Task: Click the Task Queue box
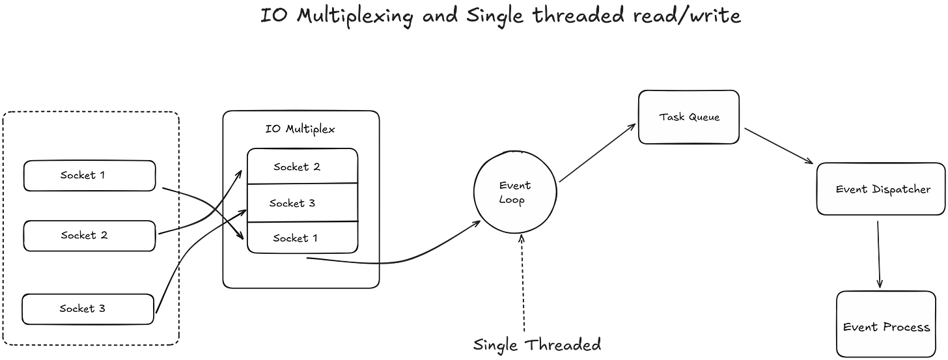[689, 117]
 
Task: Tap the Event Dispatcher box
[882, 189]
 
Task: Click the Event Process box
[886, 326]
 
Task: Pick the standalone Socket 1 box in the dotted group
[89, 176]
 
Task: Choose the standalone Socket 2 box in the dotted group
[89, 236]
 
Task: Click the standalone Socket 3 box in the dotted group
[89, 309]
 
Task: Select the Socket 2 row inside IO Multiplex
[302, 167]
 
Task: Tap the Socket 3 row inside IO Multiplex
[302, 203]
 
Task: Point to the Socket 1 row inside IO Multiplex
[302, 238]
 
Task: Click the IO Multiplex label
[300, 129]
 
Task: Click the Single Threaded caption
[537, 344]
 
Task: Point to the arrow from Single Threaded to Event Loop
[522, 280]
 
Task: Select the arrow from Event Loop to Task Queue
[596, 154]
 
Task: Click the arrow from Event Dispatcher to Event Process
[879, 254]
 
